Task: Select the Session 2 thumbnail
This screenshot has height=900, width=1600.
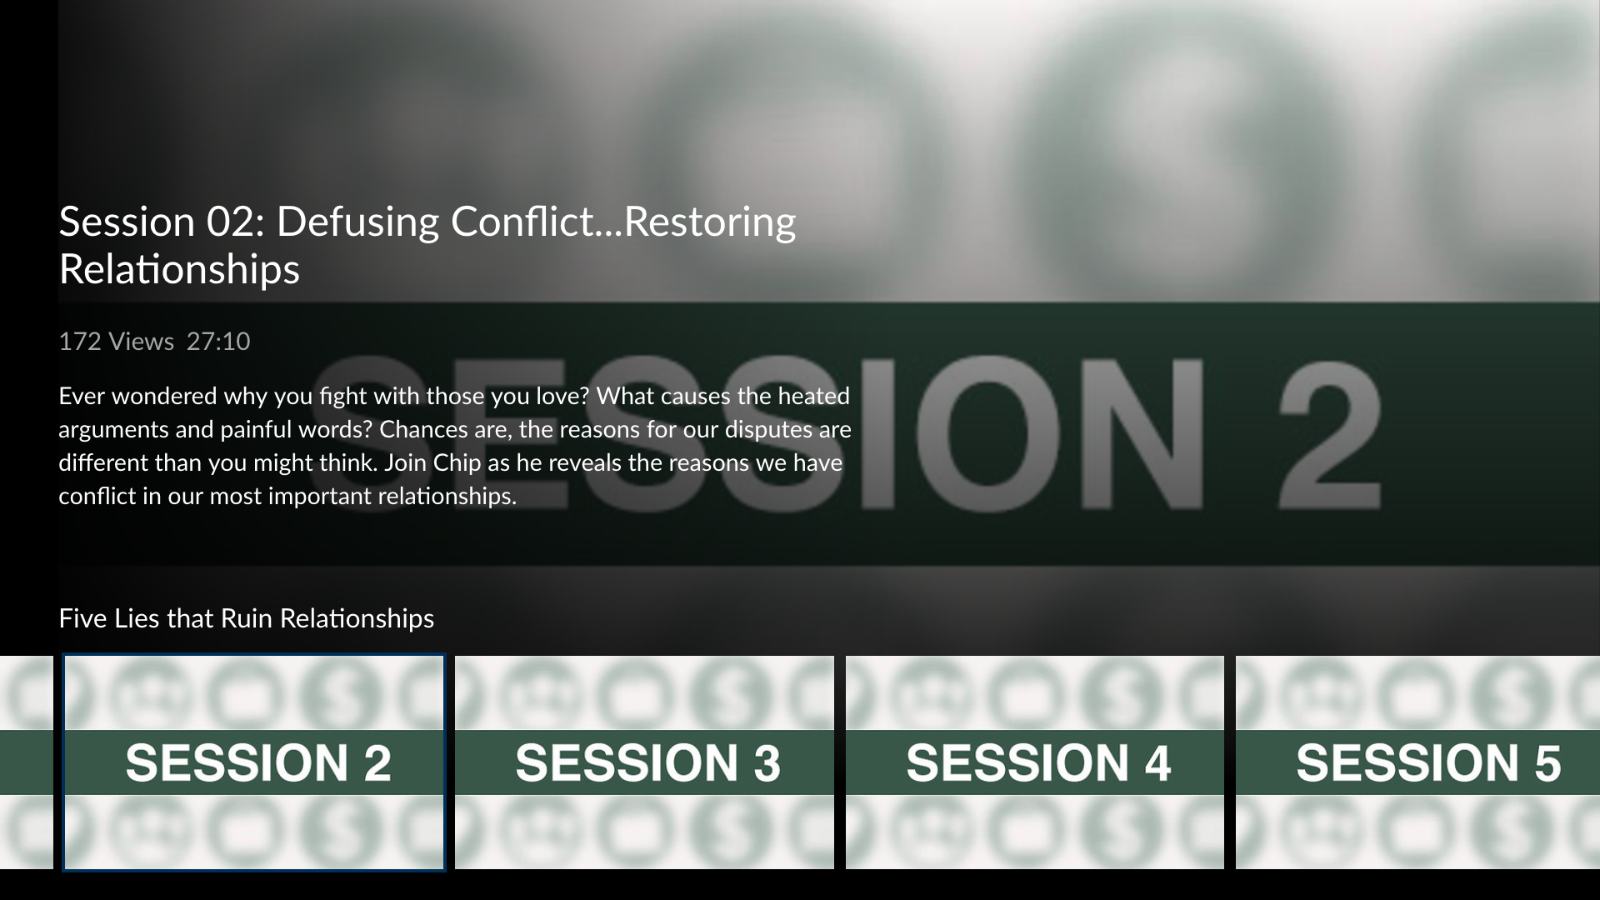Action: pos(254,762)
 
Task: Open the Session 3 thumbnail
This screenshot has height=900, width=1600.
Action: pos(644,762)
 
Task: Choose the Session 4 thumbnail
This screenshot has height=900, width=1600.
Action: pos(1035,762)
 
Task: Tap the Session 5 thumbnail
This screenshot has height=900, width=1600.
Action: pos(1417,762)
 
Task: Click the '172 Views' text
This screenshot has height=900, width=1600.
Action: pos(116,342)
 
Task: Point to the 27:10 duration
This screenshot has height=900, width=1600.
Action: pos(218,342)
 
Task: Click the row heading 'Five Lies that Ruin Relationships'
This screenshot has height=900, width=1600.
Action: pos(247,618)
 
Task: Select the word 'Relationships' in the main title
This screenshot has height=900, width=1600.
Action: pos(179,270)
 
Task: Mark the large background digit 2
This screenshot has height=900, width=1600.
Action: pos(1330,433)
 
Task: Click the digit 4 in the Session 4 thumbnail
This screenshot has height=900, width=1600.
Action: pos(1154,763)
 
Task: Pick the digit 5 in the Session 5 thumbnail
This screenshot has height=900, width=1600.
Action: pos(1544,763)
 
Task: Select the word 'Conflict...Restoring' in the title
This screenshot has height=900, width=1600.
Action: pos(623,222)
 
